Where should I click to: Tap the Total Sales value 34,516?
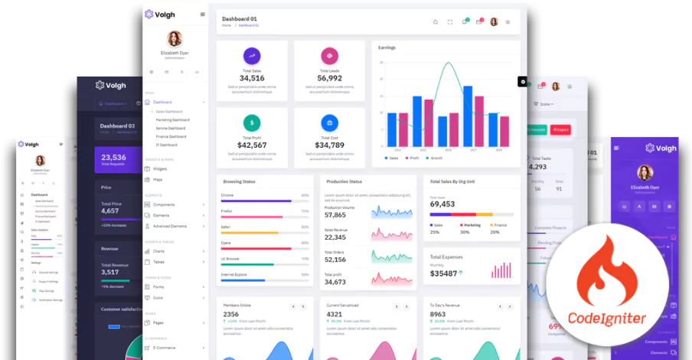[x=252, y=78]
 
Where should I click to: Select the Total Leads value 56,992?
[x=329, y=78]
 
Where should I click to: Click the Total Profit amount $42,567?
[x=252, y=145]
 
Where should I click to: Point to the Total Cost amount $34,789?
[x=329, y=145]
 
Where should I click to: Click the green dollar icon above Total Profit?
[x=252, y=123]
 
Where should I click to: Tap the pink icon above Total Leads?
[x=329, y=55]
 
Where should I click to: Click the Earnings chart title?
[x=387, y=47]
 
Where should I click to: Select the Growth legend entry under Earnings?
[x=436, y=158]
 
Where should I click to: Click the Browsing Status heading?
[x=239, y=182]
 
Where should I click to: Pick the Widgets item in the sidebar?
[x=160, y=169]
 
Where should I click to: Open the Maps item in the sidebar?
[x=158, y=179]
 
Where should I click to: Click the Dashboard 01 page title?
[x=240, y=18]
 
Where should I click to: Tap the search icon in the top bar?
[x=436, y=22]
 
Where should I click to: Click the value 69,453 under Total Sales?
[x=442, y=205]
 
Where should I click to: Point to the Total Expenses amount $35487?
[x=444, y=273]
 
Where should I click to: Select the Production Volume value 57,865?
[x=335, y=215]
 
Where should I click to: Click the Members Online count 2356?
[x=230, y=314]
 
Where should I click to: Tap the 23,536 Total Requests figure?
[x=113, y=157]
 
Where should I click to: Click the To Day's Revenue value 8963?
[x=438, y=314]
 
